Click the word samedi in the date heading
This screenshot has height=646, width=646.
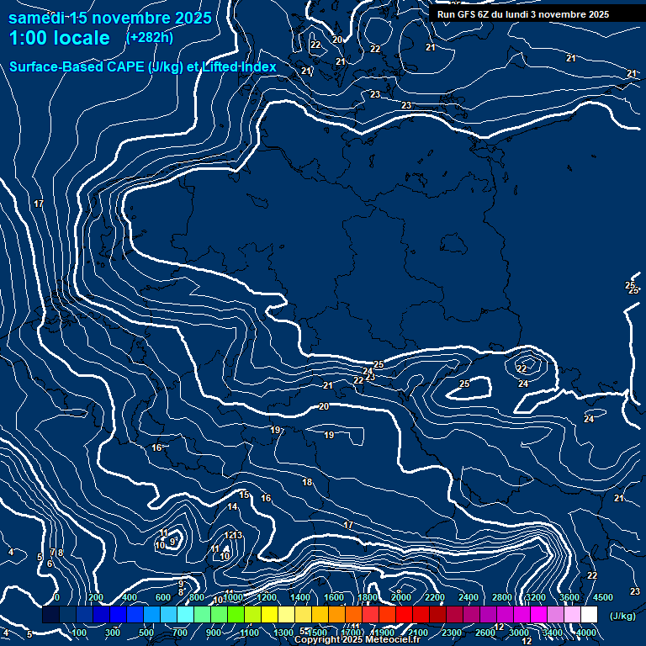tap(37, 18)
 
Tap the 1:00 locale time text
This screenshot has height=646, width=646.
tap(59, 38)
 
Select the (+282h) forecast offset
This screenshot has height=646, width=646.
tap(149, 38)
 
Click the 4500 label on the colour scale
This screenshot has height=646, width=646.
tap(603, 597)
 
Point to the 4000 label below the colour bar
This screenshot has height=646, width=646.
tap(586, 633)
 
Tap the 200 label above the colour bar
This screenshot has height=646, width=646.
tap(96, 597)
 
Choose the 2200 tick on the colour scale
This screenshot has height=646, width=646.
tap(435, 597)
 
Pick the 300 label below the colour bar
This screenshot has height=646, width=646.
tap(113, 633)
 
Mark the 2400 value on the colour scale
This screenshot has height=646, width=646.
tap(469, 597)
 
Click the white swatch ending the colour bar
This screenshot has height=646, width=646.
tap(589, 615)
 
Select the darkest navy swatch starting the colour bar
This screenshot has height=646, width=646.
tap(50, 615)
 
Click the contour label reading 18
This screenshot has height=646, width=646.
tap(307, 482)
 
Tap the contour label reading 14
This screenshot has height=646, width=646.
tap(233, 506)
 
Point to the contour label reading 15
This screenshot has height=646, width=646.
tap(244, 495)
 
